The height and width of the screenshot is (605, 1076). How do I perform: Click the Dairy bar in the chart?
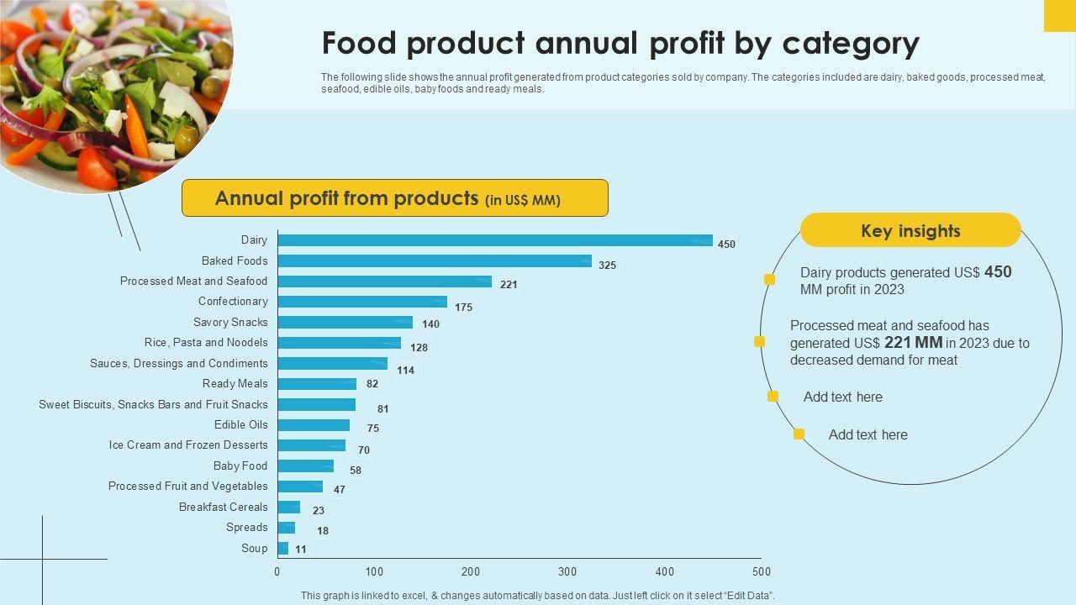coord(495,240)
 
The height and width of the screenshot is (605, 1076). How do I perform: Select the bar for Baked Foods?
coord(435,261)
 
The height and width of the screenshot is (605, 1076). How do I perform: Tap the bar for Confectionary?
coord(362,302)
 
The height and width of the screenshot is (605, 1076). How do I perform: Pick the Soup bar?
coord(283,549)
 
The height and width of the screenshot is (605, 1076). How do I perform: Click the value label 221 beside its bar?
coord(509,285)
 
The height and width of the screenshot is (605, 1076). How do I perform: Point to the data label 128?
coord(419,348)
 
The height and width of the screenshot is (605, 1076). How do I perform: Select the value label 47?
coord(340,490)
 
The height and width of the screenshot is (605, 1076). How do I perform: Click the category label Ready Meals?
coord(235,384)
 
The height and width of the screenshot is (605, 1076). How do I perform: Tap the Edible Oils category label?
coord(240,425)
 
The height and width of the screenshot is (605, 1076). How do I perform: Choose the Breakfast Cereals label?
coord(223,507)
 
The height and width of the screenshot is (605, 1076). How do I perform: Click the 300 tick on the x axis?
coord(568,572)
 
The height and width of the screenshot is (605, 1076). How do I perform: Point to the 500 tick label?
coord(761,572)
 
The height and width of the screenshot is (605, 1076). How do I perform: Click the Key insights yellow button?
coord(910,230)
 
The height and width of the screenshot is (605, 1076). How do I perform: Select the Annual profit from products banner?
coord(394,198)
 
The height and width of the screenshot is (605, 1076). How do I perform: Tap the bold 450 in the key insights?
coord(998,271)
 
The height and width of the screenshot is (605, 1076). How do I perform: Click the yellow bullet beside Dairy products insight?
coord(769,280)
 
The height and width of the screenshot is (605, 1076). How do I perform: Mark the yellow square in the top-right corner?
coord(1059,15)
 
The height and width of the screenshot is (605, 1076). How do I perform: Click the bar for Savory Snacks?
coord(345,323)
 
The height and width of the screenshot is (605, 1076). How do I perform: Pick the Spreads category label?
coord(246,528)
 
